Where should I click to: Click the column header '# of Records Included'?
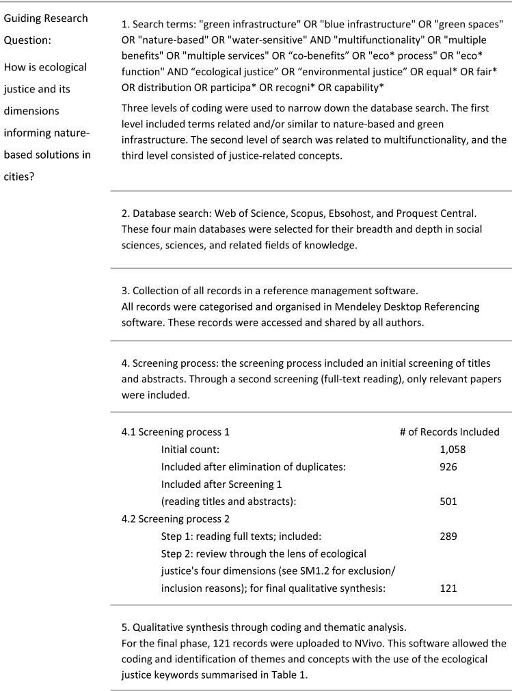(449, 432)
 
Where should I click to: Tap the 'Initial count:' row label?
(189, 449)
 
